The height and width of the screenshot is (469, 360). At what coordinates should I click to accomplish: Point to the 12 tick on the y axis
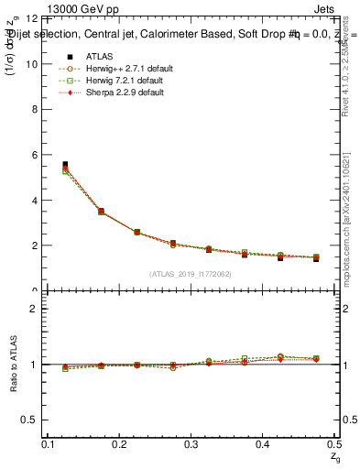pyautogui.click(x=31, y=19)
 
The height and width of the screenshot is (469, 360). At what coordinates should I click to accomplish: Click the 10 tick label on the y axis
pyautogui.click(x=31, y=64)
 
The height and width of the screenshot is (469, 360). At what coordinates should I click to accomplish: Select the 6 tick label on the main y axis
pyautogui.click(x=34, y=155)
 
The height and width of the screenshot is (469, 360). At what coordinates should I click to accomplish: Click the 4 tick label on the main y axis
pyautogui.click(x=34, y=201)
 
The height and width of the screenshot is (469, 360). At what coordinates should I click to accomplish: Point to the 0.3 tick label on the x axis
pyautogui.click(x=191, y=443)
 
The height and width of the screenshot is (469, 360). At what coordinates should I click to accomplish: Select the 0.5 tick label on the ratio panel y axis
pyautogui.click(x=29, y=420)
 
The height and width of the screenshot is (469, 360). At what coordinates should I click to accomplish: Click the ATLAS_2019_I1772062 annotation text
pyautogui.click(x=191, y=274)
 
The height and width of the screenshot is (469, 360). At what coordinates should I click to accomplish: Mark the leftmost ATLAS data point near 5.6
pyautogui.click(x=65, y=165)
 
